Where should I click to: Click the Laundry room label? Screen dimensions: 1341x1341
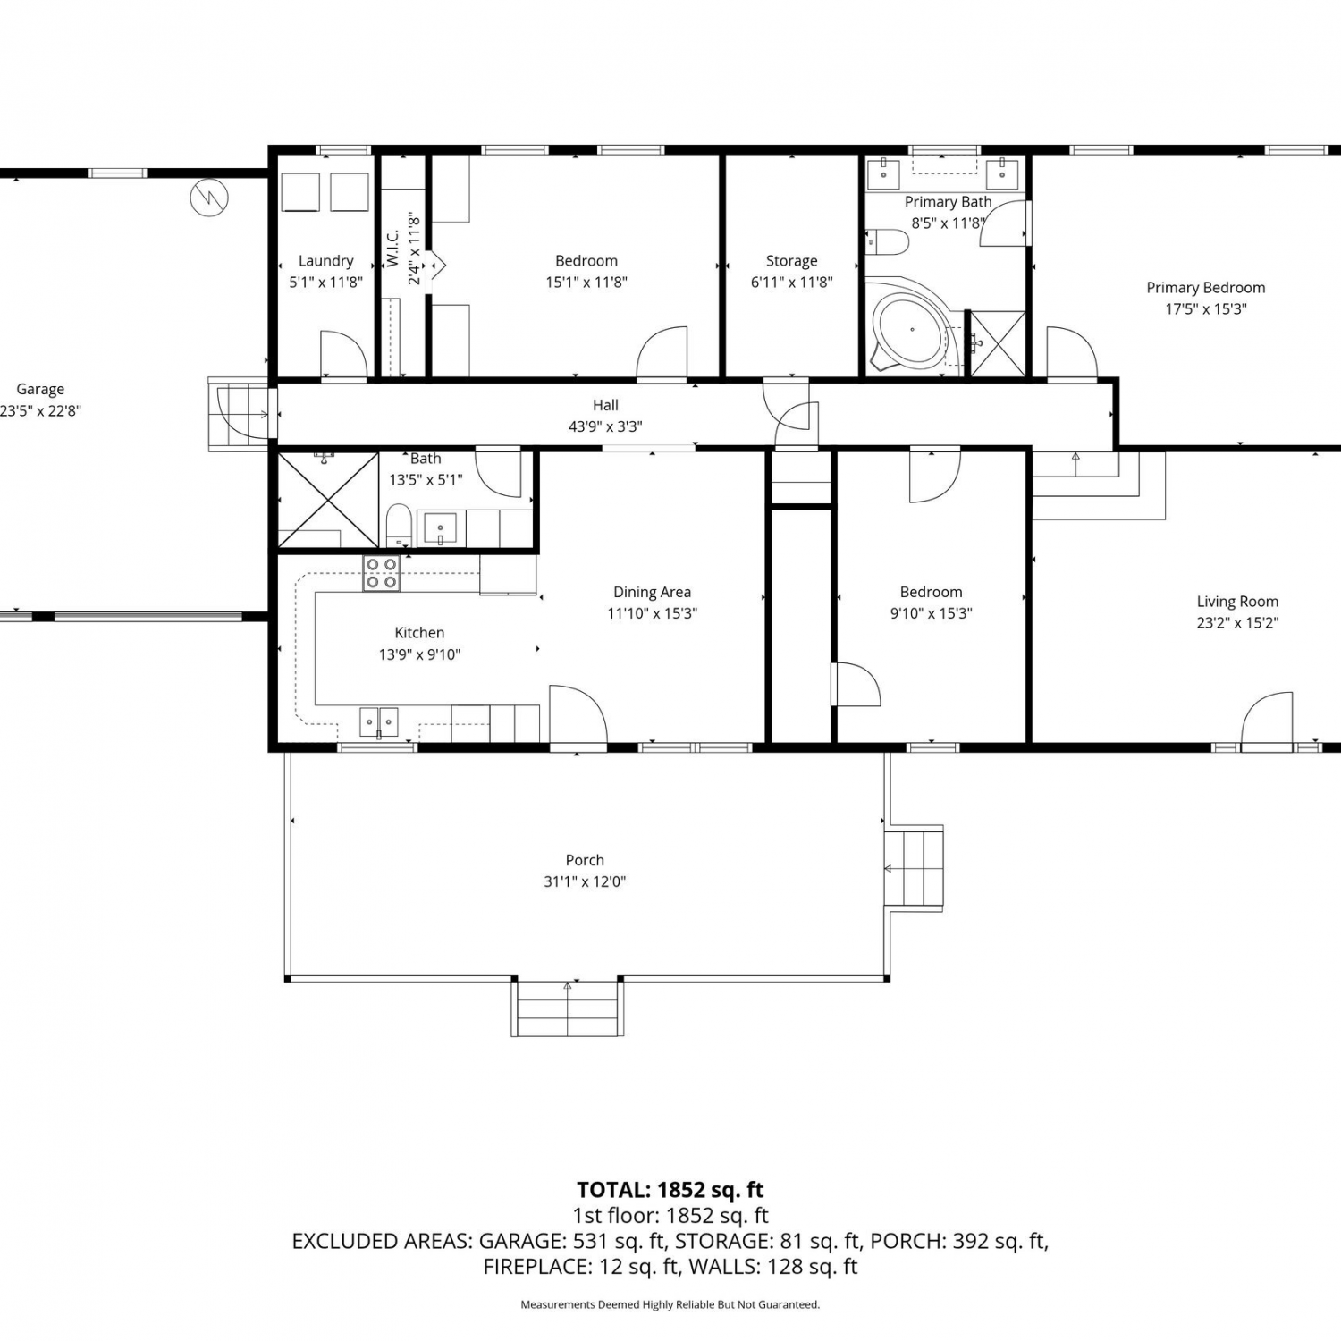coord(325,261)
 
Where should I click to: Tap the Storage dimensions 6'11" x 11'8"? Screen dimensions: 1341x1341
coord(791,283)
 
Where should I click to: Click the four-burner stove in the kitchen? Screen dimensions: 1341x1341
coord(381,573)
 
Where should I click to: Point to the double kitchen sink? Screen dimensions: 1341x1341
coord(379,721)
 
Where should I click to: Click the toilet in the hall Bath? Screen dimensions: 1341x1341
coord(399,526)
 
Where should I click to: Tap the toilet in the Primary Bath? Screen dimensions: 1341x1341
coord(887,242)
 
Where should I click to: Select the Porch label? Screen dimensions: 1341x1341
coord(585,860)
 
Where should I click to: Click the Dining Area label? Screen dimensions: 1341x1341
coord(652,592)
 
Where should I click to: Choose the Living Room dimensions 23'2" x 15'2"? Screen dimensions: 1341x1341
coord(1237,623)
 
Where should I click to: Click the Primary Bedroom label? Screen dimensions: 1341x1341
coord(1206,288)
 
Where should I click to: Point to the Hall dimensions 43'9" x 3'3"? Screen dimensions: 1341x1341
coord(605,427)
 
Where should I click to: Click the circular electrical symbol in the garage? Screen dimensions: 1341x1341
coord(209,198)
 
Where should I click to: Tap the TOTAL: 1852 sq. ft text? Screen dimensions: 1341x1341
coord(670,1190)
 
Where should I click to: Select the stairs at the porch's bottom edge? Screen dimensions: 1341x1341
coord(568,1008)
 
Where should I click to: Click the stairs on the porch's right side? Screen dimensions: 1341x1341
coord(914,868)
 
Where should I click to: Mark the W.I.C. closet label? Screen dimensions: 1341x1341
coord(393,248)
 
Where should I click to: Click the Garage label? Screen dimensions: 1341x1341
coord(40,390)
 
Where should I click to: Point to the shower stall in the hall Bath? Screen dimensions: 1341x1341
coord(328,500)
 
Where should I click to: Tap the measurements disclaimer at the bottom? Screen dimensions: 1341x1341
coord(670,1304)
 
